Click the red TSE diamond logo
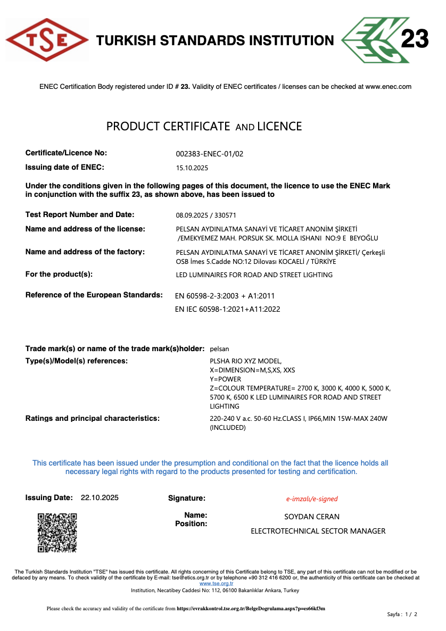coord(47,40)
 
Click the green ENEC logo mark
coord(369,40)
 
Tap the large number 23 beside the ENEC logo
coord(414,40)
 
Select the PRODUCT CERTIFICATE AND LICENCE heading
coord(204,127)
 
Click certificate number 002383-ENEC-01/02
coord(209,154)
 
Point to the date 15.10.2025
coord(192,168)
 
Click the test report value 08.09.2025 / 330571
coord(205,215)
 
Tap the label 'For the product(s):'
coord(59,275)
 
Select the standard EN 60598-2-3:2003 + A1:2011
coord(225,296)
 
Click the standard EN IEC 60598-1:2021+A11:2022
coord(227,309)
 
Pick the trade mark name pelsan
coord(220,349)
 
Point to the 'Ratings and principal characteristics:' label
coord(93,419)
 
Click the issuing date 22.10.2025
coord(100,498)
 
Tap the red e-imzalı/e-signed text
coord(312,499)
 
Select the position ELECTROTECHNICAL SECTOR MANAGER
coord(318,531)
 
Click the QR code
coord(57,533)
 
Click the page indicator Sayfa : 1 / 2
coord(402,615)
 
